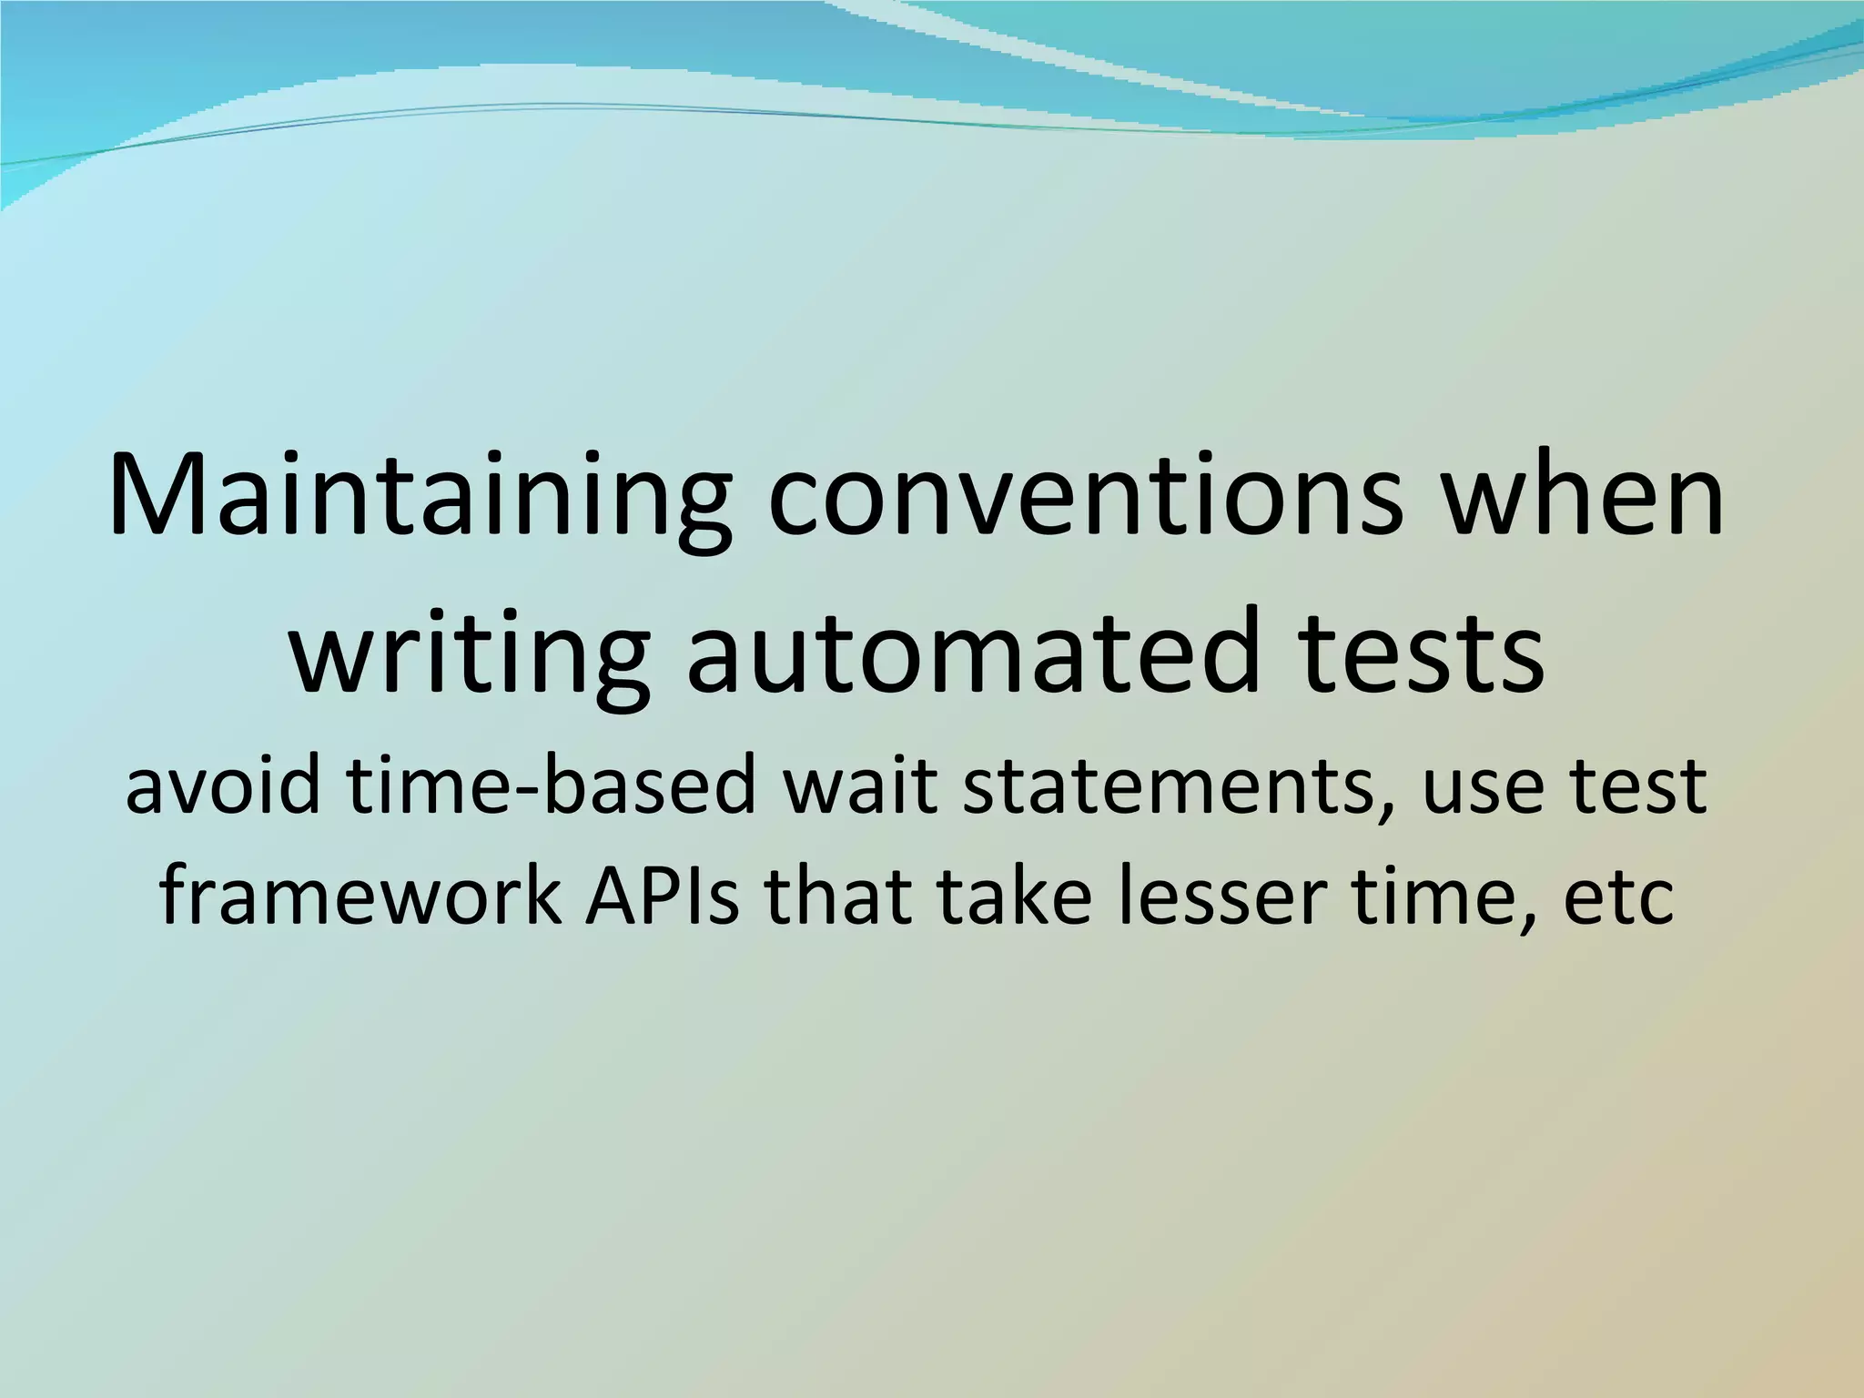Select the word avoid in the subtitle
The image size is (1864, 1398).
(x=223, y=785)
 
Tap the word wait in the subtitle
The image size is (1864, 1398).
(x=861, y=785)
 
